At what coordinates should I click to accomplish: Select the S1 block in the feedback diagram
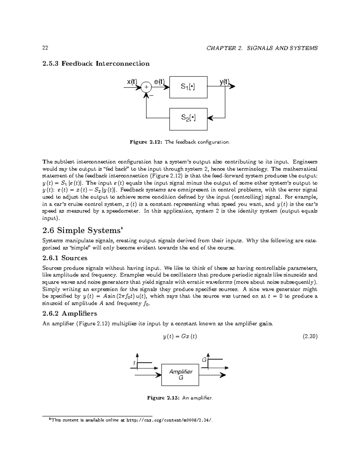click(188, 87)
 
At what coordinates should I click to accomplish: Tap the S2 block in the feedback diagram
click(188, 119)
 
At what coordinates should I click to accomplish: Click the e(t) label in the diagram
click(159, 82)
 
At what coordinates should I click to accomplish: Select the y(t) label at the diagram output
click(224, 82)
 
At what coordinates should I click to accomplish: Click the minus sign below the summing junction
click(151, 96)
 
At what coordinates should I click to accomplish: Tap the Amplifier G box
click(180, 374)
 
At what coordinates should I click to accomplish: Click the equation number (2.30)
click(310, 336)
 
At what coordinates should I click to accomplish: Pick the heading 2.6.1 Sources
click(65, 258)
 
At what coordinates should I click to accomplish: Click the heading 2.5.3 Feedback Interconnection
click(96, 64)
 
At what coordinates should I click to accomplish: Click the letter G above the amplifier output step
click(204, 360)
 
